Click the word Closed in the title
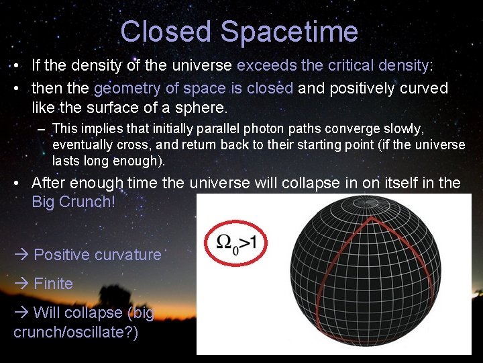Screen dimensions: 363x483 (x=166, y=32)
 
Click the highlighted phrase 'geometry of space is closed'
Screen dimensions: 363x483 (x=194, y=88)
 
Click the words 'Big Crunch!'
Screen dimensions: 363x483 (x=74, y=202)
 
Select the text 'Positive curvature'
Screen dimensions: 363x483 (x=97, y=255)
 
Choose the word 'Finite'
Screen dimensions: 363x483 (x=53, y=284)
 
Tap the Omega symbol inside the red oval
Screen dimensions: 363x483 (x=226, y=241)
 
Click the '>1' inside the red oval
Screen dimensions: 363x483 (x=248, y=241)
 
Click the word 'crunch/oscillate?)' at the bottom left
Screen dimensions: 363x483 (x=76, y=333)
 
